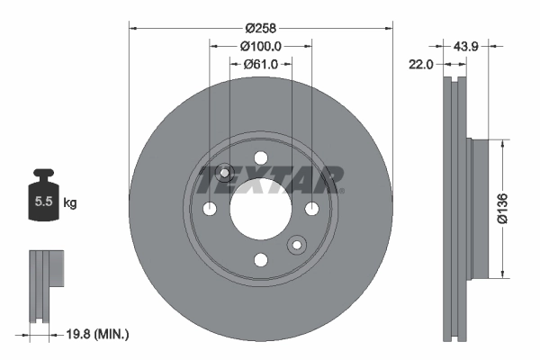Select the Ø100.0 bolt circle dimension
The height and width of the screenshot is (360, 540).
coord(261,45)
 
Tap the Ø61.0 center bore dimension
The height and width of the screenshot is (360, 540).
coord(262,64)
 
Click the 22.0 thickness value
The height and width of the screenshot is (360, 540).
coord(421,64)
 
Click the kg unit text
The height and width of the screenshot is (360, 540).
coord(70,203)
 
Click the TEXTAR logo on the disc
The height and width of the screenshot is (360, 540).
coord(270,179)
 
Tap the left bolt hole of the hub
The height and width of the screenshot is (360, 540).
coord(210,209)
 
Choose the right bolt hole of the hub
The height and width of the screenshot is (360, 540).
coord(312,209)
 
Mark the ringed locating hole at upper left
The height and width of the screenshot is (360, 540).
coord(225,173)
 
